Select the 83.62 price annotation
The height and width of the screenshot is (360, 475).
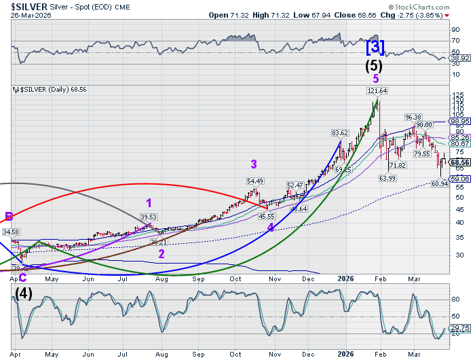pyautogui.click(x=340, y=132)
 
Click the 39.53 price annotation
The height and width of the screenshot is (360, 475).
pyautogui.click(x=149, y=217)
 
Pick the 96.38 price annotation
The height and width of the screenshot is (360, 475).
pyautogui.click(x=414, y=117)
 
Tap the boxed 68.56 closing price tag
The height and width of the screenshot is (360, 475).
pyautogui.click(x=459, y=162)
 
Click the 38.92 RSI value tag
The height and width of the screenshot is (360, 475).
pyautogui.click(x=459, y=59)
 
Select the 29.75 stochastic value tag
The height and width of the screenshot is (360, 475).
pyautogui.click(x=459, y=327)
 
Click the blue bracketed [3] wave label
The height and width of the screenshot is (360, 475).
pyautogui.click(x=375, y=48)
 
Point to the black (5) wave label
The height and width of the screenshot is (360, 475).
pyautogui.click(x=374, y=66)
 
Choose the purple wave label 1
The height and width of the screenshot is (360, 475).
pyautogui.click(x=149, y=202)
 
